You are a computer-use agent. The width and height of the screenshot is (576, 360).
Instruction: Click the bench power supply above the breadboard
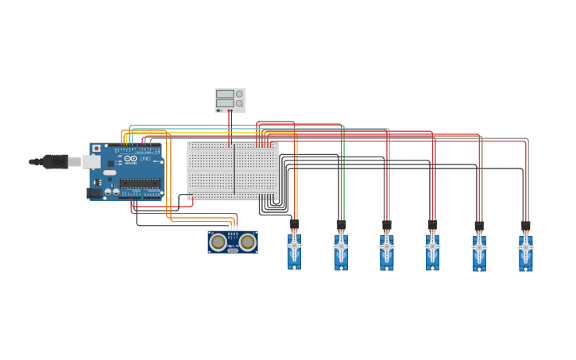(230, 100)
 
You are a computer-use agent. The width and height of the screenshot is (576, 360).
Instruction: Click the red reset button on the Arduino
(97, 149)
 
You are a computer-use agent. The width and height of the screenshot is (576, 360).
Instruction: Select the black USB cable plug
(54, 161)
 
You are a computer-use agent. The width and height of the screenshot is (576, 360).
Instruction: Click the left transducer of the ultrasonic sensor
(218, 242)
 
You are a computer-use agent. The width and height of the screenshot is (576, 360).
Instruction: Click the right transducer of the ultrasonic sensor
(248, 242)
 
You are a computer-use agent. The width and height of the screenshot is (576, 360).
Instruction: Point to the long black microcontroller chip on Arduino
(140, 183)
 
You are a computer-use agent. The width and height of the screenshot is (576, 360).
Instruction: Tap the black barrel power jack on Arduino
(94, 192)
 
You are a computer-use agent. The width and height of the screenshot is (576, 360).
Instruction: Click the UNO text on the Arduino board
(145, 159)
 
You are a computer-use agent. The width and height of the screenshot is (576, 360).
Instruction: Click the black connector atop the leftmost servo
(294, 225)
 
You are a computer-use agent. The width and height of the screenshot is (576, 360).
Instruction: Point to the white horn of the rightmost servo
(525, 247)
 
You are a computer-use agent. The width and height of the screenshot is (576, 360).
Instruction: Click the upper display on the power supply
(225, 94)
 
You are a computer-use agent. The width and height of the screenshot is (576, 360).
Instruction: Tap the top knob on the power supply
(239, 94)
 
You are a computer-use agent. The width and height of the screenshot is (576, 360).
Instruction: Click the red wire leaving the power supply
(230, 127)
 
